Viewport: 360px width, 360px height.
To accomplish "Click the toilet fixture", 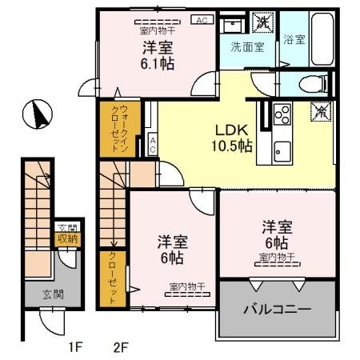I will click(x=315, y=82).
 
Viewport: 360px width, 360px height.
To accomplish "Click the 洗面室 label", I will click(x=247, y=46).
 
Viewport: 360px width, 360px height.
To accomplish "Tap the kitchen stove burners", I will click(x=282, y=115).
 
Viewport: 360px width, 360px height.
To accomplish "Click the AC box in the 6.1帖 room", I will click(x=202, y=20).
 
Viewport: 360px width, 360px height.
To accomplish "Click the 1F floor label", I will click(x=74, y=346).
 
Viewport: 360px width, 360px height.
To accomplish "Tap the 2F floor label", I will click(x=121, y=346).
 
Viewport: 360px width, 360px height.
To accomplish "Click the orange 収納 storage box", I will click(x=66, y=238).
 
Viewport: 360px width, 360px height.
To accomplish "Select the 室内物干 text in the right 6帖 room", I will click(x=277, y=257).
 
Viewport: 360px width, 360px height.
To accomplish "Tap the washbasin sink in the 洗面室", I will click(x=233, y=22).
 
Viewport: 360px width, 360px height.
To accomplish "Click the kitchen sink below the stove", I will click(x=282, y=149).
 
